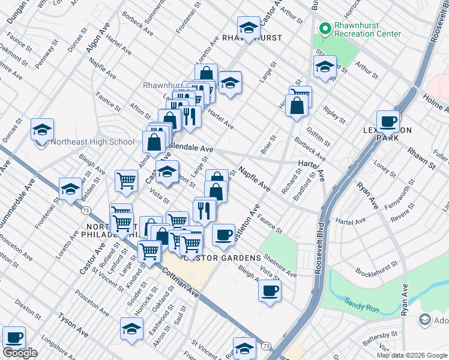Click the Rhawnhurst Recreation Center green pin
click(x=325, y=28)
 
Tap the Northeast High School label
click(x=92, y=142)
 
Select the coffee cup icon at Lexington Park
click(x=388, y=122)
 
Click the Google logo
click(x=20, y=353)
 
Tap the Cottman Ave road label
click(x=179, y=283)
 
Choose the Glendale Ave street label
click(x=191, y=148)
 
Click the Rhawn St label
click(x=420, y=159)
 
